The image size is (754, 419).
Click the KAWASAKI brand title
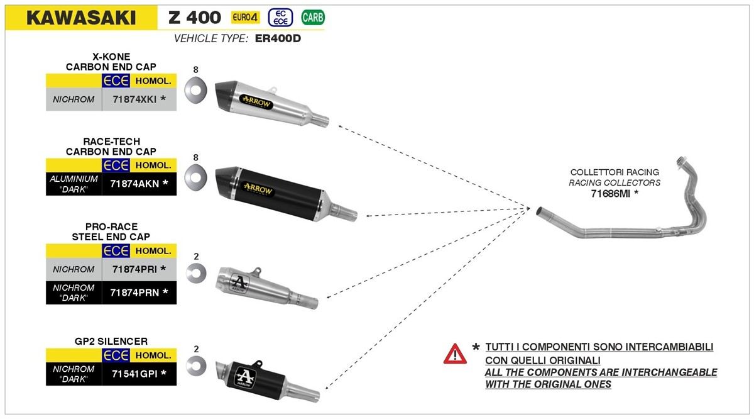tap(81, 18)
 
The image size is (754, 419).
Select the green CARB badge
tap(313, 18)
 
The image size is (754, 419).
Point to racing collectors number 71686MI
tap(615, 194)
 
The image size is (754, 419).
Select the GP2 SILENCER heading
tap(111, 342)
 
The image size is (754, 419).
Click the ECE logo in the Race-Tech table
tap(116, 165)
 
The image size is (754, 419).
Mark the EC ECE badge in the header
tap(280, 18)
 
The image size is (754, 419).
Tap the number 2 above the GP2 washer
tap(196, 348)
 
